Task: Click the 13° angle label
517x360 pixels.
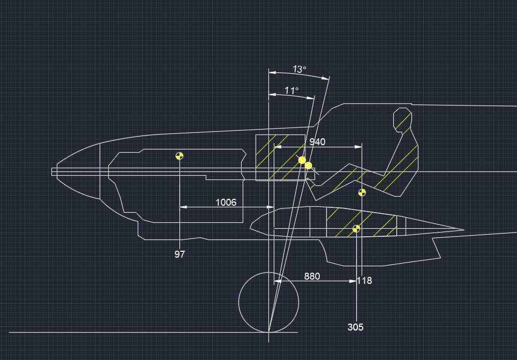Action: [299, 69]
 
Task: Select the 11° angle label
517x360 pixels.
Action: [291, 91]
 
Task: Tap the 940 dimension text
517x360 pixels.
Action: [317, 142]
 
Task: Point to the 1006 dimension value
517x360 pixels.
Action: [226, 202]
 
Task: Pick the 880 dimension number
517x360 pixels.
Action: [312, 276]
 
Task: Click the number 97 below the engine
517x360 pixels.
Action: [179, 254]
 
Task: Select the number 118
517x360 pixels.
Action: [364, 281]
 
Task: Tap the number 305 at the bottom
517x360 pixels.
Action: [355, 327]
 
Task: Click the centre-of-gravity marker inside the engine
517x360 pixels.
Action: [179, 156]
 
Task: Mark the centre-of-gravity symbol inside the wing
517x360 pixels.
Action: [356, 229]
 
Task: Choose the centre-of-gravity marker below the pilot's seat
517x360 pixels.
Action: [362, 192]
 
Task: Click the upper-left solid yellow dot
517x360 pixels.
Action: [302, 160]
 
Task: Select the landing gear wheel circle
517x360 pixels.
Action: [268, 302]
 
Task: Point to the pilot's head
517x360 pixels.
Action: [402, 119]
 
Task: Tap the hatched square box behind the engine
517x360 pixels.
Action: [280, 157]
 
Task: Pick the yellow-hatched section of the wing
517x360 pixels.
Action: [361, 222]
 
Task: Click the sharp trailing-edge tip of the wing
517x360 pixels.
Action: [463, 231]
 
